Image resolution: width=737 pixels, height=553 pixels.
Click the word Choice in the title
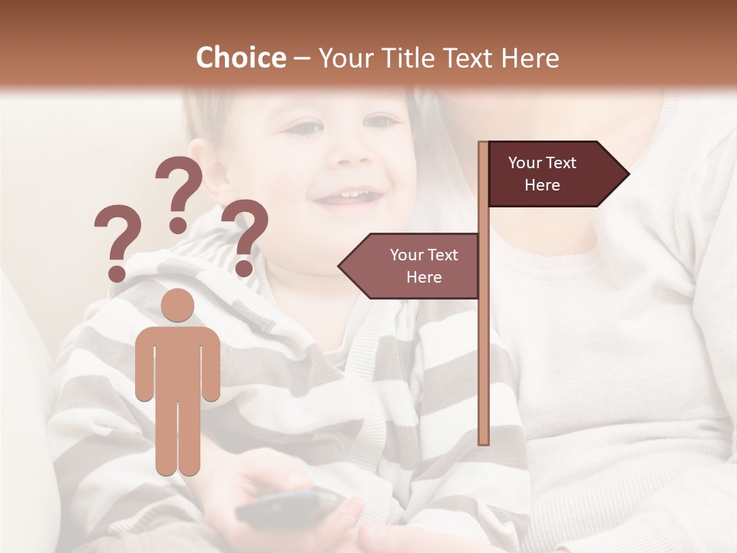(x=240, y=58)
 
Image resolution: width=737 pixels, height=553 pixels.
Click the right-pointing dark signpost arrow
(x=557, y=174)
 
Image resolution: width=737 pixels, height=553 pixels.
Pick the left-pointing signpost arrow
(x=411, y=266)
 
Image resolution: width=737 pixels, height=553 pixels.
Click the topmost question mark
(x=179, y=192)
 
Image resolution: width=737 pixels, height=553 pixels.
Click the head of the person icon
(x=177, y=306)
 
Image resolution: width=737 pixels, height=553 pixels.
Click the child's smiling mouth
(x=349, y=198)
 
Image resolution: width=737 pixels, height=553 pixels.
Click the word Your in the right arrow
(x=525, y=163)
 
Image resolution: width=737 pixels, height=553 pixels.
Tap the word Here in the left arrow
(x=424, y=277)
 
